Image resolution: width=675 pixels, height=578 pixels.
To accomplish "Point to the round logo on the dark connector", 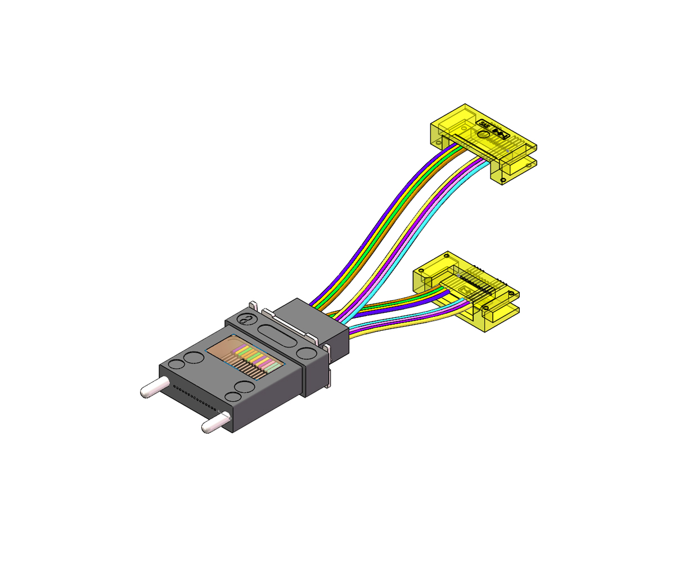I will (x=246, y=320).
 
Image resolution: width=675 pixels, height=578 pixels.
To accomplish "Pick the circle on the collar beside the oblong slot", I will (x=307, y=353).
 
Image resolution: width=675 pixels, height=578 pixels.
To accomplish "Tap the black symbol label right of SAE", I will (x=500, y=133).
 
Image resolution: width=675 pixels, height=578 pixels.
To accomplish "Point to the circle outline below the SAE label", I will (x=483, y=135).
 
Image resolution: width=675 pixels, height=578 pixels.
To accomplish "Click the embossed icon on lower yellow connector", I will (x=466, y=290).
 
